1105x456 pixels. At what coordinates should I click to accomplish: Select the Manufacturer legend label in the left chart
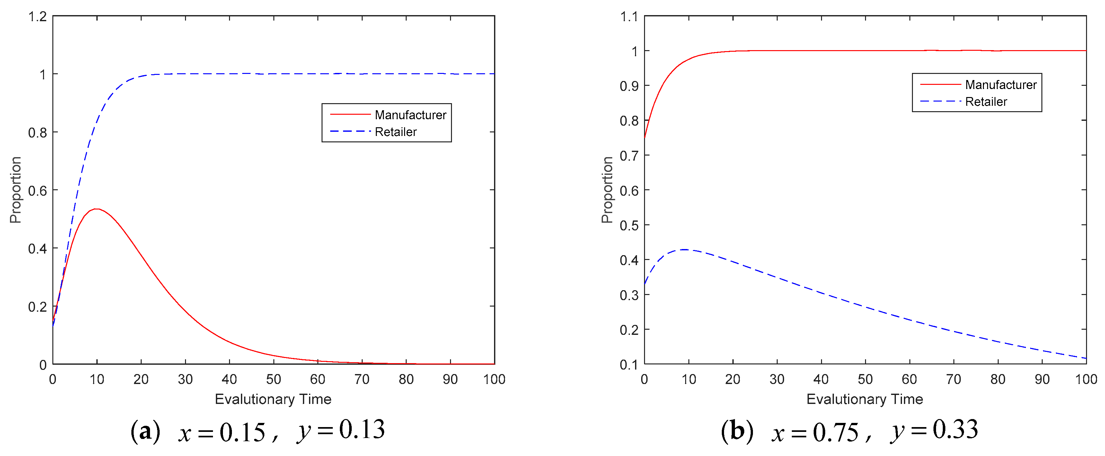coord(410,115)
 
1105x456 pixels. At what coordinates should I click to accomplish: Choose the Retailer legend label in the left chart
coord(395,132)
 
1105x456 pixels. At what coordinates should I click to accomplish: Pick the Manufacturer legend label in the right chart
coord(1000,85)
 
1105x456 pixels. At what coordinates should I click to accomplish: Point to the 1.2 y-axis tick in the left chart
coord(37,17)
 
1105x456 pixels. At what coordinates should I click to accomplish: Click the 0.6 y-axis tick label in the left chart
coord(37,191)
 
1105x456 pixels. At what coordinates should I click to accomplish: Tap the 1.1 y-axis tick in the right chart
coord(629,17)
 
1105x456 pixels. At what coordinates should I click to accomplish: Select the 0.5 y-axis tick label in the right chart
coord(629,226)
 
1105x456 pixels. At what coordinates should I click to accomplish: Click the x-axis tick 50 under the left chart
coord(273,379)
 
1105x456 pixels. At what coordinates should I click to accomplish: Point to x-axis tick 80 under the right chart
coord(998,379)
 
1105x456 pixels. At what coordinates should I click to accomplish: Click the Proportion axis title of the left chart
coord(15,190)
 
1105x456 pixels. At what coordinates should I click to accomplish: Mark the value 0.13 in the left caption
coord(362,430)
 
